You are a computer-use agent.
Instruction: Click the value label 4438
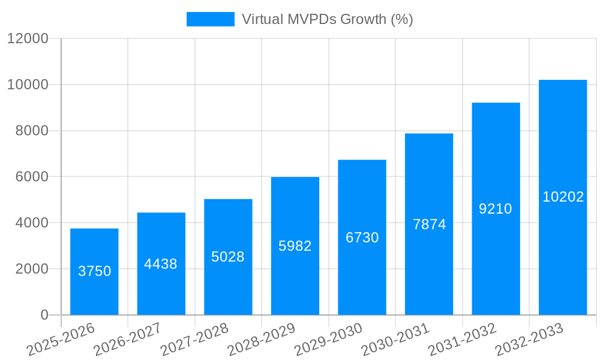point(161,264)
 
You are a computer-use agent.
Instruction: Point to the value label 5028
point(228,257)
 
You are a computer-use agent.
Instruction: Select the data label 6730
point(362,238)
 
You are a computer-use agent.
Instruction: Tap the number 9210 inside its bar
point(496,209)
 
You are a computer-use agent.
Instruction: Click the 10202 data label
point(563,197)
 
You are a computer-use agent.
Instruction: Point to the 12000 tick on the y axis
point(28,38)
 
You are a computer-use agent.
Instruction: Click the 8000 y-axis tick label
point(32,131)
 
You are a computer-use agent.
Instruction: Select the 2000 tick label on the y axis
point(32,269)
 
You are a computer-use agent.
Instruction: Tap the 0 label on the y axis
point(44,315)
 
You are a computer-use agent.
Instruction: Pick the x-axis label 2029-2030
point(328,338)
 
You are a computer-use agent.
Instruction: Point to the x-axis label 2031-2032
point(462,338)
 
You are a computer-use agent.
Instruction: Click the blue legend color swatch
point(210,19)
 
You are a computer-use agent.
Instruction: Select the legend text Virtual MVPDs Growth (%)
point(327,19)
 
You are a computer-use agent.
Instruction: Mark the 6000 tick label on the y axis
point(32,177)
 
